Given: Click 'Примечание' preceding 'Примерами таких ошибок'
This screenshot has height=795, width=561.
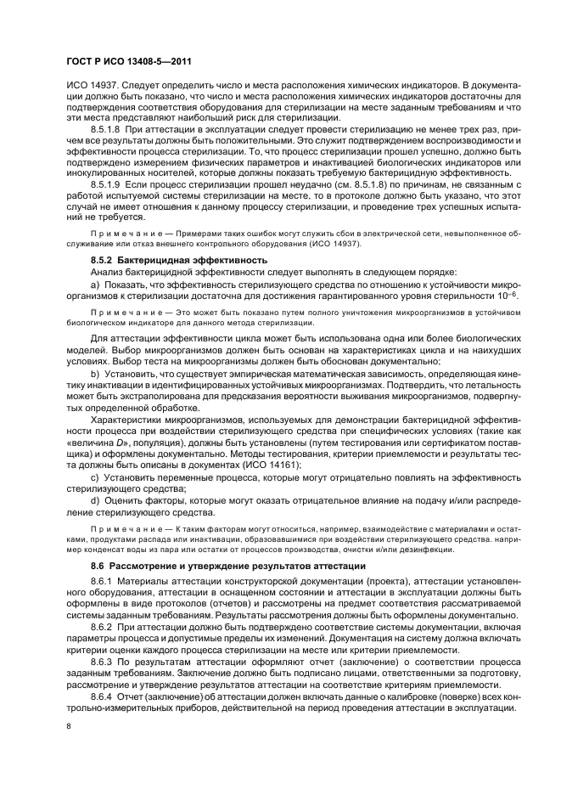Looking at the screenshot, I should tap(119, 232).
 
